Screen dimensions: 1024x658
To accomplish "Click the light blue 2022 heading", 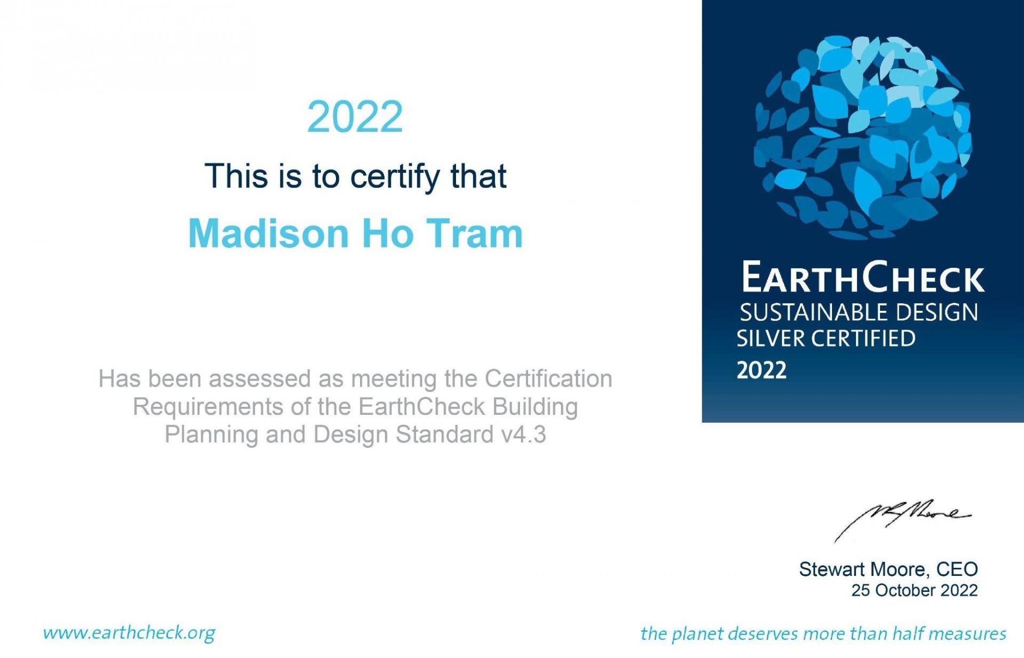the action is pos(355,117).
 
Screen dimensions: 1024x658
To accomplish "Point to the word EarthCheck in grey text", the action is pos(421,407).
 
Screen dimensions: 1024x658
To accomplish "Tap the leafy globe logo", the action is pos(862,137).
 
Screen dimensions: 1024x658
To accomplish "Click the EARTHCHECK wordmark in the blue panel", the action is pos(863,277).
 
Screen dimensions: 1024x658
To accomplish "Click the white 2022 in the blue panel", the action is pos(762,370).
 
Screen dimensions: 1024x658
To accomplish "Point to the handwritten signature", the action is pos(902,520).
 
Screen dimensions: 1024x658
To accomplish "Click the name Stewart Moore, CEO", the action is pos(888,569).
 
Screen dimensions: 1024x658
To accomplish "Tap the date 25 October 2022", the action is pos(914,590).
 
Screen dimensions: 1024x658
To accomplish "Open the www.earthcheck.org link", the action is pos(129,633).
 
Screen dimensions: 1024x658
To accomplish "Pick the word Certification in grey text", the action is pos(548,379).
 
